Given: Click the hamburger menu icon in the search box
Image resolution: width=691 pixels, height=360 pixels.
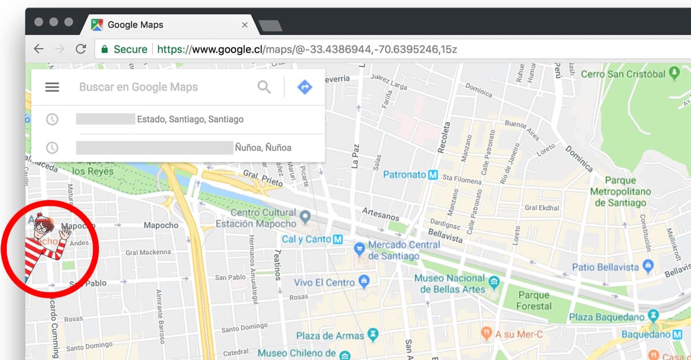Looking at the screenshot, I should (x=52, y=87).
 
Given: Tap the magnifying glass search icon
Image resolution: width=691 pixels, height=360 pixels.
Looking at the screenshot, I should (x=264, y=87).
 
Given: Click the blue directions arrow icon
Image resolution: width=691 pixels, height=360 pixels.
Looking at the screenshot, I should (x=304, y=87).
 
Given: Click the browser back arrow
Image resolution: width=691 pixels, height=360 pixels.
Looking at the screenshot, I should (x=39, y=49).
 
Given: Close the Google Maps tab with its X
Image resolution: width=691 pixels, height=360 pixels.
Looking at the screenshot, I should (x=245, y=25).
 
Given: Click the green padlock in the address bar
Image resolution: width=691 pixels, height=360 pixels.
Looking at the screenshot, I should (x=104, y=50).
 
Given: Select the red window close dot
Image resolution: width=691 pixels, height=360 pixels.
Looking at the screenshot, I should (x=39, y=22).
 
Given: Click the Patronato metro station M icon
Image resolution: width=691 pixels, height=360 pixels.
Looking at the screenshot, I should (x=433, y=175).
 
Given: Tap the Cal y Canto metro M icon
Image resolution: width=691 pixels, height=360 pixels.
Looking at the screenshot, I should (x=339, y=239).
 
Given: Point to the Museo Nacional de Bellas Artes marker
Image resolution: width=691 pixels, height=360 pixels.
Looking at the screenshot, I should (x=494, y=282).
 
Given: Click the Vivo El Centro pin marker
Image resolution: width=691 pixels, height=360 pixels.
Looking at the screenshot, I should (x=363, y=282).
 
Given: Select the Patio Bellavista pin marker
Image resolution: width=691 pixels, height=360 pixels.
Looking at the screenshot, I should (x=648, y=267).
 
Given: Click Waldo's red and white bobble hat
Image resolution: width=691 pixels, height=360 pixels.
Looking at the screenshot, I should (x=40, y=219).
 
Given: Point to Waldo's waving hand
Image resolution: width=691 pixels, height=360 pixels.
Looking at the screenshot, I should (x=64, y=232).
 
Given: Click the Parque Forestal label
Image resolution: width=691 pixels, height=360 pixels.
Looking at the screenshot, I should (x=533, y=300).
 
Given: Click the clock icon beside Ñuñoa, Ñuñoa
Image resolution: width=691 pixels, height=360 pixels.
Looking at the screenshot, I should (x=52, y=147).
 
